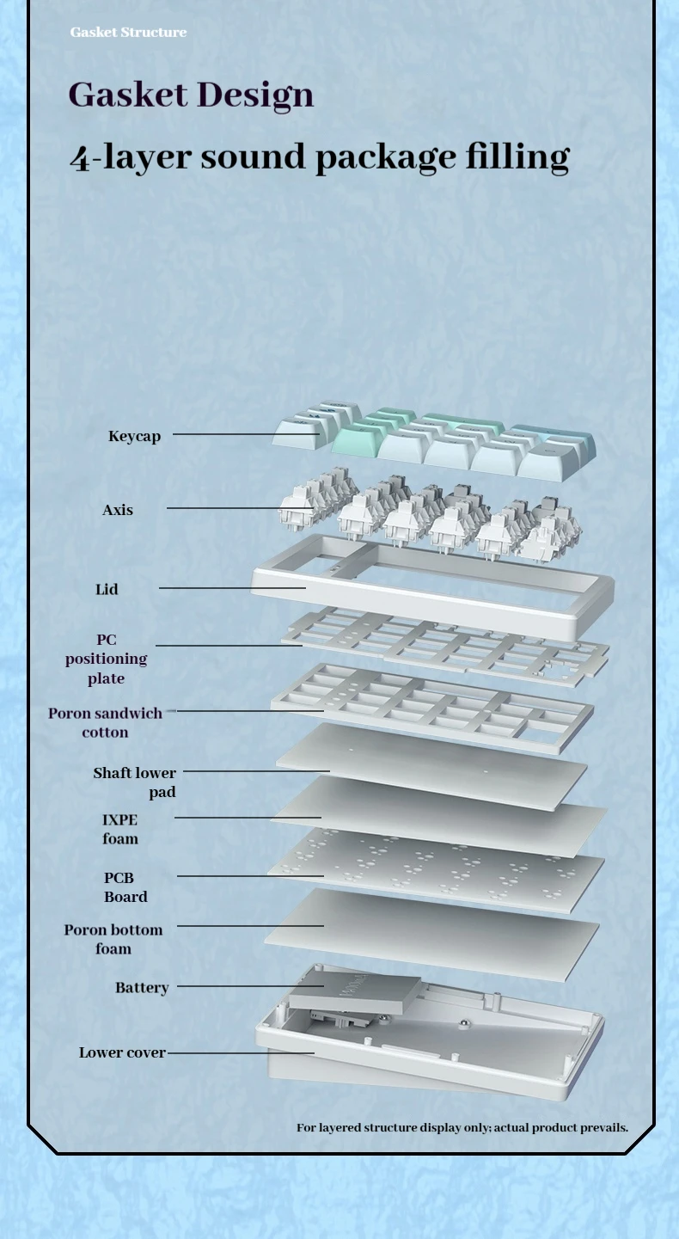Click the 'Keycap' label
[x=134, y=436]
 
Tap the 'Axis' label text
[x=118, y=510]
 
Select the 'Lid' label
[x=107, y=589]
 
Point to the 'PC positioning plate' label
[x=106, y=659]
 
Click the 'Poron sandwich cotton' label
[x=105, y=722]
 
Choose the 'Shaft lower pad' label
[x=135, y=782]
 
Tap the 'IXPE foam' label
[x=119, y=829]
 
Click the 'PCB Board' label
[x=125, y=887]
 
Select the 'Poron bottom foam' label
[x=113, y=939]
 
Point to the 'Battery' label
[x=142, y=988]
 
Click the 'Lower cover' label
[x=122, y=1052]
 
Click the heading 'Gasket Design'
[x=191, y=95]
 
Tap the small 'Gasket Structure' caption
[x=128, y=32]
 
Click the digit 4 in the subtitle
[x=79, y=158]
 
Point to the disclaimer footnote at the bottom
[x=462, y=1127]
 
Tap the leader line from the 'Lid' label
[x=232, y=588]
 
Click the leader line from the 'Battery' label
[x=249, y=986]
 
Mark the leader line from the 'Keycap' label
[x=245, y=434]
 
